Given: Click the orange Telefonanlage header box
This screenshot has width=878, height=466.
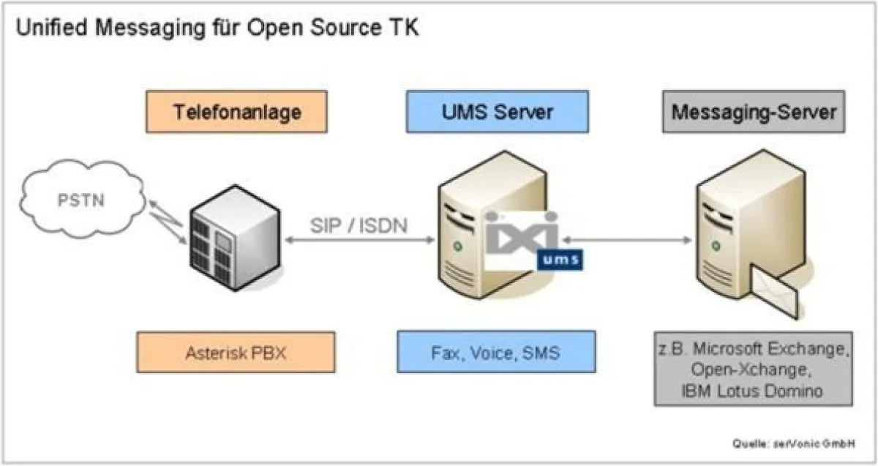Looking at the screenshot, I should pyautogui.click(x=236, y=112).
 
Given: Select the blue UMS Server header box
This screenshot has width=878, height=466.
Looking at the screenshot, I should pyautogui.click(x=497, y=112).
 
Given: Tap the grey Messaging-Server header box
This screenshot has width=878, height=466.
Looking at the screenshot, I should pyautogui.click(x=754, y=112).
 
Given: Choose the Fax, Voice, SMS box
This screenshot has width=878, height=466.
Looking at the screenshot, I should pyautogui.click(x=495, y=352).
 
